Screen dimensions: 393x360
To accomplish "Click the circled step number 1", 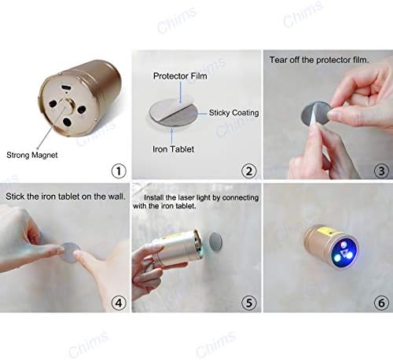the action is [x=119, y=171].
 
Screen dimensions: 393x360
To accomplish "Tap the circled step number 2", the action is [x=248, y=171].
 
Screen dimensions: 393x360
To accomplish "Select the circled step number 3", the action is [x=381, y=171].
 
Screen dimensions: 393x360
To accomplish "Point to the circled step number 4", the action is [x=119, y=303].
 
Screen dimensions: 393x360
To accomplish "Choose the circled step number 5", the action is [x=248, y=303].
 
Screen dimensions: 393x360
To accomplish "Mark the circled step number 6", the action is [x=381, y=303].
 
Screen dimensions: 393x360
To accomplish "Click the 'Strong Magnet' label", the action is [x=32, y=155].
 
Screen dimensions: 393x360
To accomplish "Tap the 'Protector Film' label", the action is [x=180, y=76].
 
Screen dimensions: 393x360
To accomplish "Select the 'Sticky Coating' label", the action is [x=233, y=112].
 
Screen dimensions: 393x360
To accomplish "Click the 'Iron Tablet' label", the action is [x=173, y=149].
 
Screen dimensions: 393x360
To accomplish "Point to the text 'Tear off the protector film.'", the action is [x=319, y=60].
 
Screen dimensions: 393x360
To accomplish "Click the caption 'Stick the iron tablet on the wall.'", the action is [x=65, y=197].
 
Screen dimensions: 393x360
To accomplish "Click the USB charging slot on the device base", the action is [x=64, y=87].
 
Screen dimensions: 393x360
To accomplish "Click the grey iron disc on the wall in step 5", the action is [x=215, y=241].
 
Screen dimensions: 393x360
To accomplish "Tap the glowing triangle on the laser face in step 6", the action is [x=344, y=253].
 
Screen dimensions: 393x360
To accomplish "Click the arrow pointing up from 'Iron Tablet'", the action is [x=172, y=135].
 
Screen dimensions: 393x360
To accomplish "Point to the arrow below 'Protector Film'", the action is [x=180, y=93].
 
